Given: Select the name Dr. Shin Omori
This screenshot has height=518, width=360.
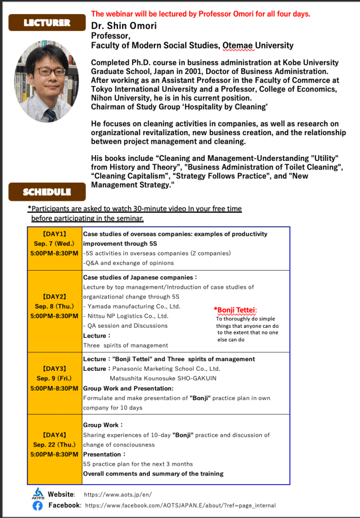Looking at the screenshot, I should pyautogui.click(x=124, y=26).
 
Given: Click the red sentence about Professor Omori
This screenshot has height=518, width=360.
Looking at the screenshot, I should pyautogui.click(x=201, y=14).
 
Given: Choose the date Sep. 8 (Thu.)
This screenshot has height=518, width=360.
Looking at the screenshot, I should pyautogui.click(x=54, y=306).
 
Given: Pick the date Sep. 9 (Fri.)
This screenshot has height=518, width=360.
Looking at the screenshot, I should pyautogui.click(x=54, y=378).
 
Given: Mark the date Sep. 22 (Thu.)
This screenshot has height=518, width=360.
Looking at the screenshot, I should pyautogui.click(x=54, y=445).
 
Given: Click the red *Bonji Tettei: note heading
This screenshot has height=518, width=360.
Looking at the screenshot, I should pyautogui.click(x=235, y=310).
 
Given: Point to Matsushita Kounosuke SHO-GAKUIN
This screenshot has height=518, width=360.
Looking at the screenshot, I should pyautogui.click(x=163, y=378).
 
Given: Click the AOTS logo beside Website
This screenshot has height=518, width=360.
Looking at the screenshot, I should pyautogui.click(x=37, y=493).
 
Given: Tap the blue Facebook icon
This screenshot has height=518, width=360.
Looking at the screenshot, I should pyautogui.click(x=37, y=505).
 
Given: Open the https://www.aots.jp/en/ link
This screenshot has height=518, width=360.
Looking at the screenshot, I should pyautogui.click(x=117, y=494).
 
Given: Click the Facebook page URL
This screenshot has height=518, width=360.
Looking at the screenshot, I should pyautogui.click(x=180, y=505).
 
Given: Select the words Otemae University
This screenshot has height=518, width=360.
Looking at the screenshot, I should pyautogui.click(x=258, y=46).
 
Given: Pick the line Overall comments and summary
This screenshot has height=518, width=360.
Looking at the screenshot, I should pyautogui.click(x=153, y=473).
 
